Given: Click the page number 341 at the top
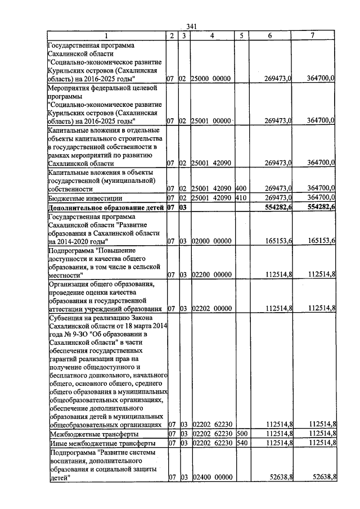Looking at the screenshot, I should click(193, 26).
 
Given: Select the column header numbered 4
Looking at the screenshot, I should click(212, 35).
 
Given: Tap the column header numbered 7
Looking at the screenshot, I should click(313, 35).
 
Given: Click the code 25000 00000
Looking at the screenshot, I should click(211, 79).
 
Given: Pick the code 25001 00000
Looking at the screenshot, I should click(211, 121).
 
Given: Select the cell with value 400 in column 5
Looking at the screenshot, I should click(241, 188).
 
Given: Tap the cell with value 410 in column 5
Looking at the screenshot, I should click(241, 198).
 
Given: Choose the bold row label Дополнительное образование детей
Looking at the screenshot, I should click(106, 208).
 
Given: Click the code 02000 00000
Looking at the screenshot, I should click(211, 241).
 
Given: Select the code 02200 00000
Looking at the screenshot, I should click(211, 275).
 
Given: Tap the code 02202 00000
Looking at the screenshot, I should click(211, 309).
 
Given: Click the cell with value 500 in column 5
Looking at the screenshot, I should click(242, 434).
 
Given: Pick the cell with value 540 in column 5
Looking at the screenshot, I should click(242, 444).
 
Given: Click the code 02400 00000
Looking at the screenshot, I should click(211, 478).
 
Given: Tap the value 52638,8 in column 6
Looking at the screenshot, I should click(278, 478).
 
